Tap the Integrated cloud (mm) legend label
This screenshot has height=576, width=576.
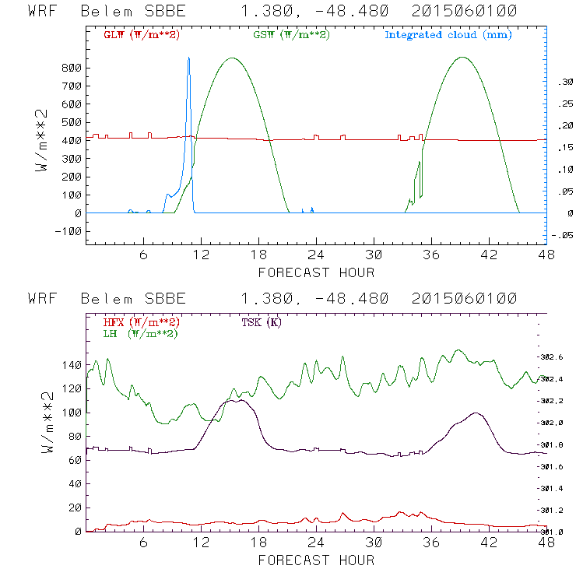point(448,35)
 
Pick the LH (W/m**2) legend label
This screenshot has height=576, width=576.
point(140,333)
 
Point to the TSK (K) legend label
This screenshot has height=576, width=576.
point(262,322)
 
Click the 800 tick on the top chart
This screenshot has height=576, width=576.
point(72,68)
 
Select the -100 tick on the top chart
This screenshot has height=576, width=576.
point(69,231)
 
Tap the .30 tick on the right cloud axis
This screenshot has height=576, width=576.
point(561,81)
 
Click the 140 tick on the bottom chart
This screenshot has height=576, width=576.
point(72,364)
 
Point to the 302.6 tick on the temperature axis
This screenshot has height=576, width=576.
point(553,356)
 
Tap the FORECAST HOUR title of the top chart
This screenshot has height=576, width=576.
point(316,272)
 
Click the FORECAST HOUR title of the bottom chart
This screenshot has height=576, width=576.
point(316,560)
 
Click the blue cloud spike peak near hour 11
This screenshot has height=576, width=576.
point(188,58)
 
